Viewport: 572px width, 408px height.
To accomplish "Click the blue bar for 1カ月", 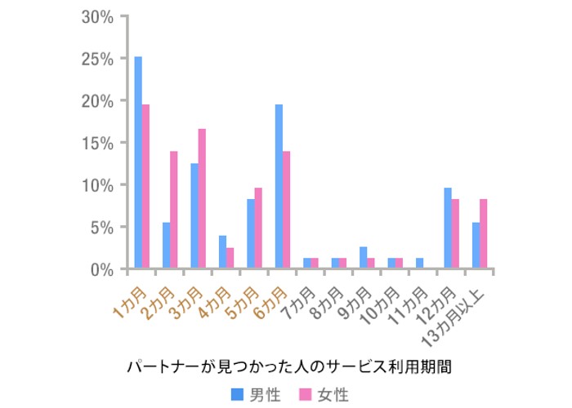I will [x=138, y=162].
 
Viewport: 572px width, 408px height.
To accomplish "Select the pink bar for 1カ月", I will [x=145, y=187].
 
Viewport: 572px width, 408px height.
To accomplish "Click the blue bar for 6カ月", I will [x=279, y=187].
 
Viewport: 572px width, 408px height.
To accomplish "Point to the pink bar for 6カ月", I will [x=286, y=210].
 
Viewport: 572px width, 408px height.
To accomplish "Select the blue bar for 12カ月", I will [x=448, y=228].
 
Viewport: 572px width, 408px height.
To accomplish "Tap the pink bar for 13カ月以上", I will [x=483, y=234].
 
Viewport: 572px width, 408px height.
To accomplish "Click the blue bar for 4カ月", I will [x=222, y=252].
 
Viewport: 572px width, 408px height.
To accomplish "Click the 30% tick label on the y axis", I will [x=98, y=17].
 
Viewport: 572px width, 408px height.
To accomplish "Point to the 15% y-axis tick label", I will [x=98, y=143].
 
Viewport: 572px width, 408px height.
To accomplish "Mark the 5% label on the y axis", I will [x=103, y=227].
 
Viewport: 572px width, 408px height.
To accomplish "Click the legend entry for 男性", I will [x=256, y=395].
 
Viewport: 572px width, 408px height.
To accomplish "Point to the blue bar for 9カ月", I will [x=363, y=258].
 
